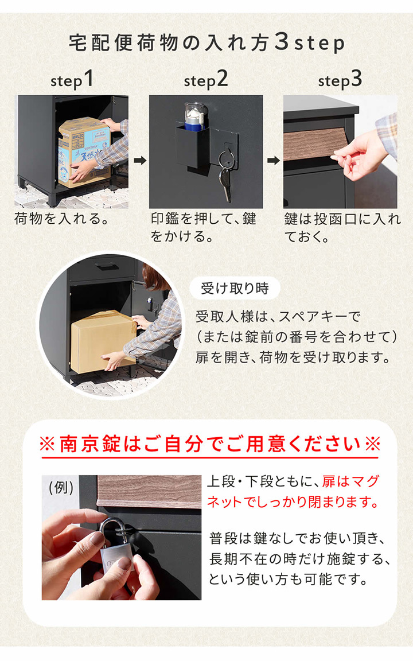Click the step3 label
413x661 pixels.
pyautogui.click(x=340, y=80)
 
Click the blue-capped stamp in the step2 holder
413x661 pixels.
pyautogui.click(x=193, y=115)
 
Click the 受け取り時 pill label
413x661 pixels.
pyautogui.click(x=235, y=288)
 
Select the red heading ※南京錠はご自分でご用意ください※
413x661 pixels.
pyautogui.click(x=209, y=445)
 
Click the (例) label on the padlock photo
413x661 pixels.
pyautogui.click(x=61, y=488)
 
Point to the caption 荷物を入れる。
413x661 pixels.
pyautogui.click(x=61, y=219)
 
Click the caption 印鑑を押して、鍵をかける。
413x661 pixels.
pyautogui.click(x=204, y=227)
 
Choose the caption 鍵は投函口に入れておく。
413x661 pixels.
pyautogui.click(x=342, y=227)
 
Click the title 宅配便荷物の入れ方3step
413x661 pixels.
pyautogui.click(x=206, y=43)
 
